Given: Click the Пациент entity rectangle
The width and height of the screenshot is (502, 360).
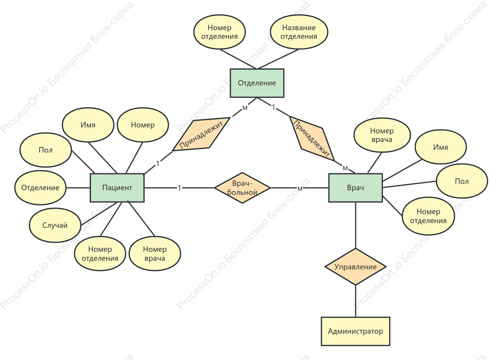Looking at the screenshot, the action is pos(117,187).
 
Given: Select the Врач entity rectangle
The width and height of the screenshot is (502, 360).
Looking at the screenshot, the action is pos(356,187).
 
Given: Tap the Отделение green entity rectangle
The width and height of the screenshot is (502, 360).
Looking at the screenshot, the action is pos(257,83).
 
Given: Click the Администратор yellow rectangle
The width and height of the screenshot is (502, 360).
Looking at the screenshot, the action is pos(356,331).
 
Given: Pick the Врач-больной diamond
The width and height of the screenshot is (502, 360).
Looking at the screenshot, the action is pos(242,188).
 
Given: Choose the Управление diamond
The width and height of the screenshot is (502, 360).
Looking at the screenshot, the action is pos(356,267).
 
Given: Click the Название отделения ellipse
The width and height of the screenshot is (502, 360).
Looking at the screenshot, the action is pos(299,32).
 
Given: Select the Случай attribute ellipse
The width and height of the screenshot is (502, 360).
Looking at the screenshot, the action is pos(55,225).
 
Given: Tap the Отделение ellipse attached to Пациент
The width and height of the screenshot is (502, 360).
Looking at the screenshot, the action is pos(40,187).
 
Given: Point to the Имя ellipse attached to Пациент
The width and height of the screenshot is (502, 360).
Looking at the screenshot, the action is pos(88,125).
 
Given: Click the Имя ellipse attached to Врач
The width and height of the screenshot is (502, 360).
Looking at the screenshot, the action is pos(441,147).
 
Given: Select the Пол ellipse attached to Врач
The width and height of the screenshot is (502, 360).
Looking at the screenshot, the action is pos(462,181).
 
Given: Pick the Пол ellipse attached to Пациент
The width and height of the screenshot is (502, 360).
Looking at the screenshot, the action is pos(46,150).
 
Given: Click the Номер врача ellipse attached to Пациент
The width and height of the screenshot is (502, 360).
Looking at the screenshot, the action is pos(155,254).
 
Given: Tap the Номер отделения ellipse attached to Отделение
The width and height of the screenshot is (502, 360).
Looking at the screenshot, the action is pos(220,32).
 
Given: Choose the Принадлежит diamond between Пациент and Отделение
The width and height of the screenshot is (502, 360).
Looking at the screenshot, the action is pos(201,135).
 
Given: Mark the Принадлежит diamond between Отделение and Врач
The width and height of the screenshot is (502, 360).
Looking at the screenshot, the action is pos(312,138).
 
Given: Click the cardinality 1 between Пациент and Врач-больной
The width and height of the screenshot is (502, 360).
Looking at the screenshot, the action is pos(179,188).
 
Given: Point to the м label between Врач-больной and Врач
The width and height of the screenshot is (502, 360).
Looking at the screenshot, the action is pos(300,189).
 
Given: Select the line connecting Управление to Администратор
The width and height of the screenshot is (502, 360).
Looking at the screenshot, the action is pos(356,301).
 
